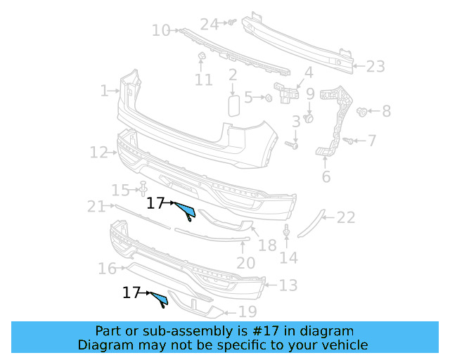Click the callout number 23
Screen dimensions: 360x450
(x=375, y=67)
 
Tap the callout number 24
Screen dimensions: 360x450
(x=210, y=24)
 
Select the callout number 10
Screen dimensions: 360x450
(x=161, y=30)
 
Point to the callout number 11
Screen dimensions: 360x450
(x=203, y=80)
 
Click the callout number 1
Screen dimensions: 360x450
(x=104, y=91)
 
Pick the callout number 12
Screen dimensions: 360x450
(x=98, y=152)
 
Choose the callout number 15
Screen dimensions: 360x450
(x=121, y=190)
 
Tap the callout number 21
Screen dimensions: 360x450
(x=96, y=206)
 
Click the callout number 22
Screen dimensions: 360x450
(x=346, y=218)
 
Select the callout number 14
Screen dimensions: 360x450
(x=288, y=257)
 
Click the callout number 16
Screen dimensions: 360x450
(x=107, y=269)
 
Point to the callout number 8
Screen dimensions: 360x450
(x=386, y=111)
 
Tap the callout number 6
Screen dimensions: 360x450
(x=326, y=176)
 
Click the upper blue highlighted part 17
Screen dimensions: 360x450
(x=186, y=209)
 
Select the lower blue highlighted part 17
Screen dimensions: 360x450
(x=160, y=300)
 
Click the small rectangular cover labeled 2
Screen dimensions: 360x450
(x=233, y=105)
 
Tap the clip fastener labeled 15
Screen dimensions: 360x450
(x=143, y=188)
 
